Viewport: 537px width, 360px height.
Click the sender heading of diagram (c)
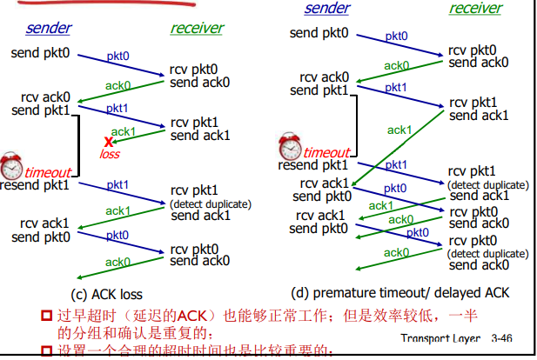[48, 28]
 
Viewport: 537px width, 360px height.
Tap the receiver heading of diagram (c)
[197, 28]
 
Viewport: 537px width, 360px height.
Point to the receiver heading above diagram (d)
[475, 9]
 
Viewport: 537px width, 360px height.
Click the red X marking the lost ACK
[109, 141]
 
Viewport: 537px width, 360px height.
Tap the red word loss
[110, 154]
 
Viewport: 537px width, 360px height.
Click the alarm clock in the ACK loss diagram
[11, 165]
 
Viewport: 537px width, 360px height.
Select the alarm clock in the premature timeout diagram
[290, 145]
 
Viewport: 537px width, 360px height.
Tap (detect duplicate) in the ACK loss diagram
[211, 204]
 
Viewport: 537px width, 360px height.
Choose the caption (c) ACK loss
[106, 295]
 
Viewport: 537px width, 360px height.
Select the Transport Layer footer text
[440, 337]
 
